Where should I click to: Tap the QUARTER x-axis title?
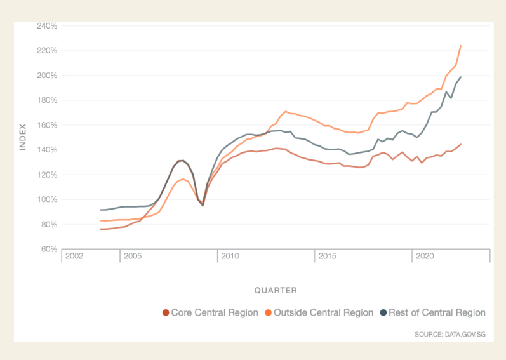point(276,290)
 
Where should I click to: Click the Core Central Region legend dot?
point(166,312)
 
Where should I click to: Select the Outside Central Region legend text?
point(324,312)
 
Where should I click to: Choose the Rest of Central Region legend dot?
point(383,312)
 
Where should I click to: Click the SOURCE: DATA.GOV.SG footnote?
point(450,333)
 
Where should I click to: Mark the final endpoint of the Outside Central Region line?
point(460,46)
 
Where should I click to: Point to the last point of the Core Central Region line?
point(460,144)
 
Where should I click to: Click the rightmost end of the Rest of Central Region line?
point(460,77)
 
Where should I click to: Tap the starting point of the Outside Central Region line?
point(100,220)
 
